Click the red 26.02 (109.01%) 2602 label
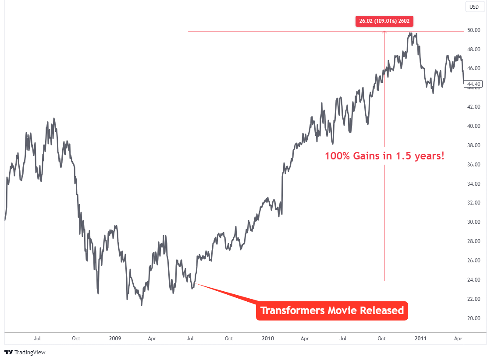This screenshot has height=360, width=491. (384, 21)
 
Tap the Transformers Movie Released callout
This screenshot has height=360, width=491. (332, 311)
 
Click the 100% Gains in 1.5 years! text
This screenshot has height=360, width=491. (384, 155)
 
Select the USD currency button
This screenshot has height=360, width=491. (474, 7)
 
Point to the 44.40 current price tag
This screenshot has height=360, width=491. (474, 84)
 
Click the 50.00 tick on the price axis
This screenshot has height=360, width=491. (474, 31)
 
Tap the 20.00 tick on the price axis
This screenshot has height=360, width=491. (474, 318)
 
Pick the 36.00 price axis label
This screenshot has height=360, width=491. (474, 165)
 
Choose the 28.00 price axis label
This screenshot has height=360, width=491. (474, 241)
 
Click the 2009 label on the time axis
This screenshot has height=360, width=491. (115, 339)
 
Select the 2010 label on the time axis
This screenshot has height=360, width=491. (268, 339)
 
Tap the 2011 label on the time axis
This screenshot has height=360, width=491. (421, 339)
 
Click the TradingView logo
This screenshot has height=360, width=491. (25, 352)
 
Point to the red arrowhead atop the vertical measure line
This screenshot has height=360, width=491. (384, 32)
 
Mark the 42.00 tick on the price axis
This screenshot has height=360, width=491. (474, 107)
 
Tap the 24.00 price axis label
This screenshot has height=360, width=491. (474, 280)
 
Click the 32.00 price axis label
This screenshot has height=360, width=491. (474, 203)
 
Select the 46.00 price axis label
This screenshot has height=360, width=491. (474, 69)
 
